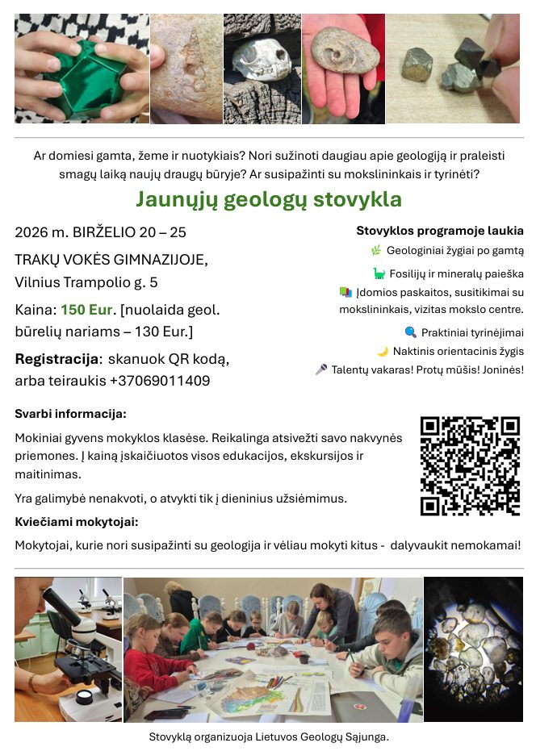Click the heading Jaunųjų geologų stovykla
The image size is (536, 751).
(x=268, y=199)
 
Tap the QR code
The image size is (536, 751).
(x=470, y=466)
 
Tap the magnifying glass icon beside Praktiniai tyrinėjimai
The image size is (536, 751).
(x=410, y=332)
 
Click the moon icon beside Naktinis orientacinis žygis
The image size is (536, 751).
(x=383, y=351)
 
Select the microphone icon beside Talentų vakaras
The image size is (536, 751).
(x=321, y=369)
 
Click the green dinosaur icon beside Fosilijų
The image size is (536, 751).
(x=379, y=273)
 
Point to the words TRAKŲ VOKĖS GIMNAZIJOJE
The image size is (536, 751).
(x=111, y=260)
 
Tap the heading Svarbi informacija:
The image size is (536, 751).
(x=70, y=414)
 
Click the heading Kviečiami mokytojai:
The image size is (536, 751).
(x=77, y=522)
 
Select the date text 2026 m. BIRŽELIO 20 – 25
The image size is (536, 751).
(x=100, y=232)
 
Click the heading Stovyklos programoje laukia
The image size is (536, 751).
(x=440, y=231)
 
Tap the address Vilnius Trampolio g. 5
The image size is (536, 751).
(x=86, y=282)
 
